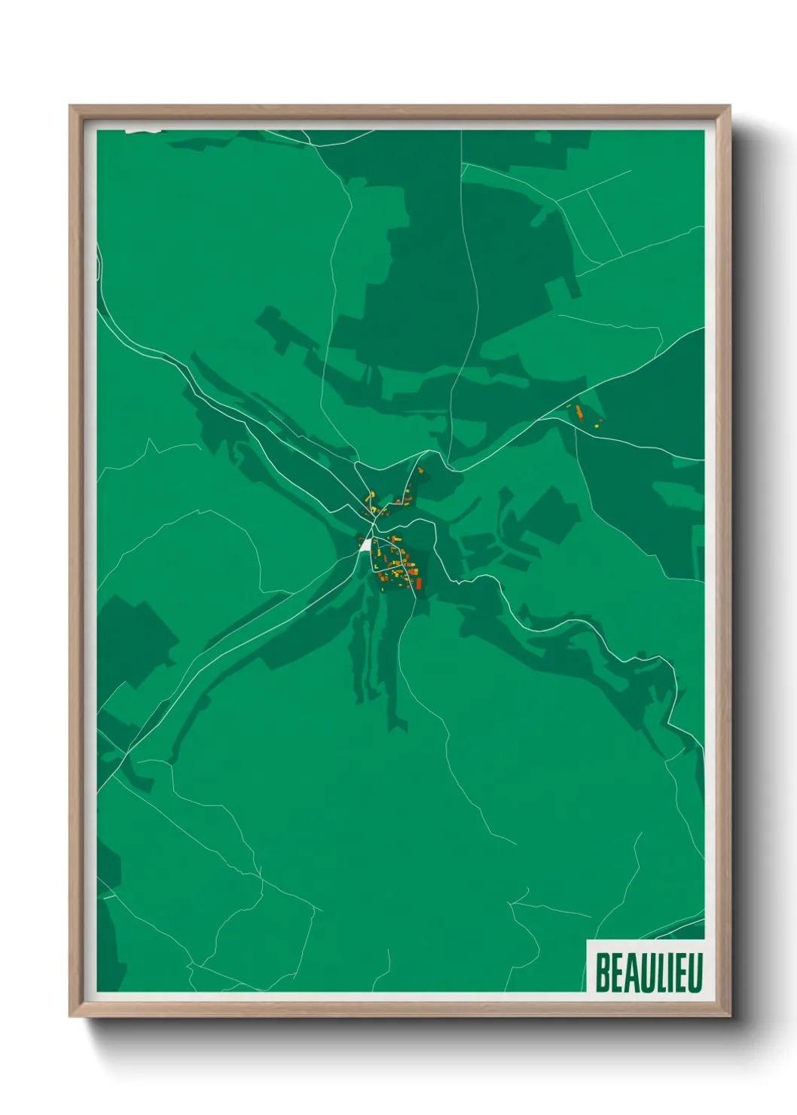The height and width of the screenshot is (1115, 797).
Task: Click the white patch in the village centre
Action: point(365,545)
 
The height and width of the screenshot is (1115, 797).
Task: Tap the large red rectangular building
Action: point(419,582)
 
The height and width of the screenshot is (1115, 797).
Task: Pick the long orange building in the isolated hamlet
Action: point(579,412)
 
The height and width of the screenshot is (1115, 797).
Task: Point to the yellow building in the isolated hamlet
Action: point(597,426)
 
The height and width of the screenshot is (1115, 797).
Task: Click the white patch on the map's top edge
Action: point(143,130)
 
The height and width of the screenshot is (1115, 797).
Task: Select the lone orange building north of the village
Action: point(420,470)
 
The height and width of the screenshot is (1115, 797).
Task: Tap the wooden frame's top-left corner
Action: point(71,107)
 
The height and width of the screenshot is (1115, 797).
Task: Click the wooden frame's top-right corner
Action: point(729,107)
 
